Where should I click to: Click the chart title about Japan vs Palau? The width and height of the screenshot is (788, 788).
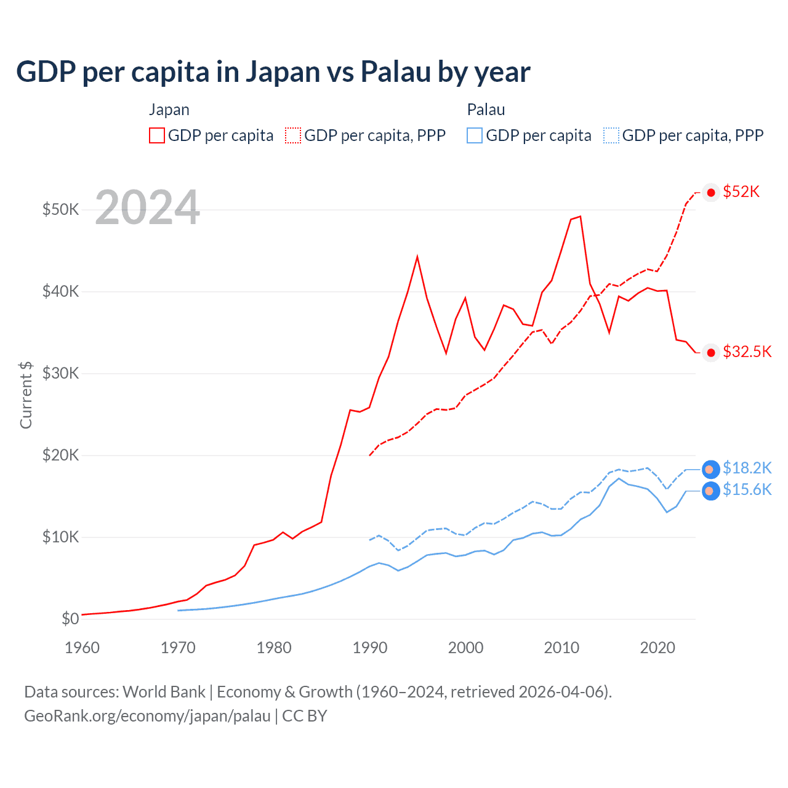(x=273, y=72)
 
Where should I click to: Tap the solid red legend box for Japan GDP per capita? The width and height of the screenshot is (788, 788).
(x=157, y=135)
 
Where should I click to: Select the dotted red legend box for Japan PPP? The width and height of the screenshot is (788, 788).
(x=293, y=135)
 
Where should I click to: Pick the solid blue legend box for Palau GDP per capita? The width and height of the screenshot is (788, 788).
(x=475, y=135)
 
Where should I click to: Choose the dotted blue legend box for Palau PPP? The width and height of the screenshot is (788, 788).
(x=611, y=135)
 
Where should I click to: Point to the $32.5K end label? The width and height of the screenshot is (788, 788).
(x=747, y=352)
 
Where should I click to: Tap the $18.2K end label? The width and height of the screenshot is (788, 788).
(x=747, y=468)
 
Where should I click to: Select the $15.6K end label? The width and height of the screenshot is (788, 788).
(x=747, y=489)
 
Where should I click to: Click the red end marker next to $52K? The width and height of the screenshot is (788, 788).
(x=711, y=193)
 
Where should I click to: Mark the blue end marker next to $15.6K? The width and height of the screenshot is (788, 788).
(x=710, y=491)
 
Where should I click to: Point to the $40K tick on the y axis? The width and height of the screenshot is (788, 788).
(x=60, y=291)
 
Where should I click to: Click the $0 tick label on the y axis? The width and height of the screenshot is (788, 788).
(x=70, y=619)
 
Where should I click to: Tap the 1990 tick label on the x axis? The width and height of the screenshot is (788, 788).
(x=370, y=648)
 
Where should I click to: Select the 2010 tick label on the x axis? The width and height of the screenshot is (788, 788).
(x=561, y=648)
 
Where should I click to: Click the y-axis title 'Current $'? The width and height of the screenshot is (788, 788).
(x=26, y=395)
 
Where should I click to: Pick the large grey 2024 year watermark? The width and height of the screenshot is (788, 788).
(x=147, y=207)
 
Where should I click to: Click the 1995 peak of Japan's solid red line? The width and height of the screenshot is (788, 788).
(x=417, y=257)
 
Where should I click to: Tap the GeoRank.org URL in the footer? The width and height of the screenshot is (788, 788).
(x=147, y=716)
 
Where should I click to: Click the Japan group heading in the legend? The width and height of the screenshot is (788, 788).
(x=169, y=110)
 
